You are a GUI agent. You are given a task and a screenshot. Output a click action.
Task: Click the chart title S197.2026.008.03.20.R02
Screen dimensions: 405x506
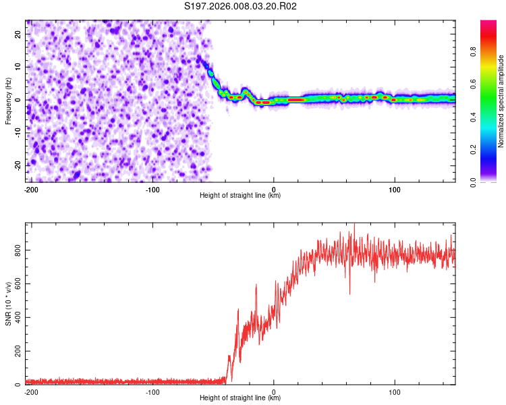[240, 6]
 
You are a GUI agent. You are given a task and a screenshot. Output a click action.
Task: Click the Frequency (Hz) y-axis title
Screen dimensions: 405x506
[8, 101]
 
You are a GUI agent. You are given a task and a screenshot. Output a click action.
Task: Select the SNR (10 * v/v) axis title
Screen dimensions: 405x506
[8, 304]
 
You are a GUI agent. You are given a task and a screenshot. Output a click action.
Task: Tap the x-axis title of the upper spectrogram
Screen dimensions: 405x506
[240, 196]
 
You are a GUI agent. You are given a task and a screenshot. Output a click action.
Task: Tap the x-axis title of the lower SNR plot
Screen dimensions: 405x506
[240, 398]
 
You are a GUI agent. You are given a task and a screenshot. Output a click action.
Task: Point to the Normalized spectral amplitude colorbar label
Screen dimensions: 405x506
[501, 101]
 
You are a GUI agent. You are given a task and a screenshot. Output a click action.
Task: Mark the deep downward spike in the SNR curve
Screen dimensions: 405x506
[349, 293]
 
